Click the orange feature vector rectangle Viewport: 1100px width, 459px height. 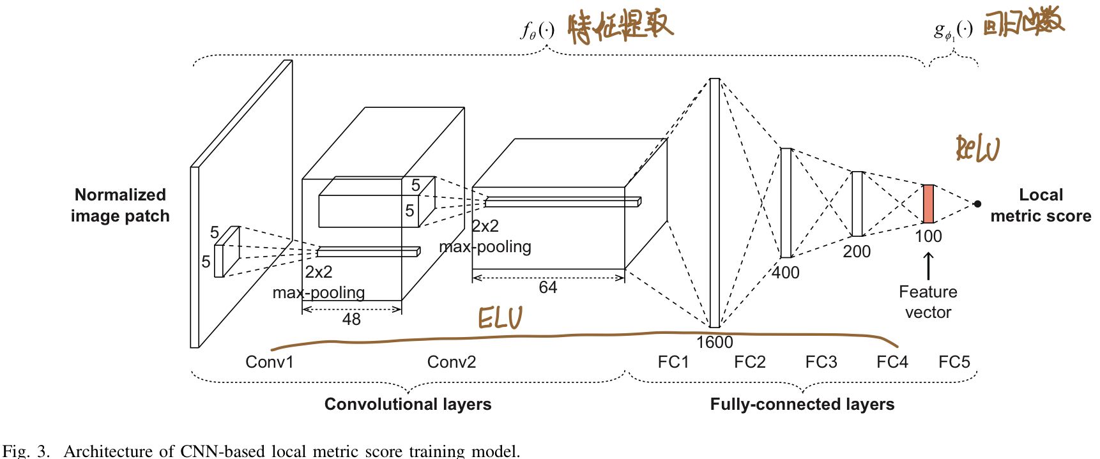coord(928,204)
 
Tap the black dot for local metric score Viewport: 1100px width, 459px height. coord(977,204)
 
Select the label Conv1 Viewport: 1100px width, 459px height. coord(270,362)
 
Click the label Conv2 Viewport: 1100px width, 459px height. coord(451,362)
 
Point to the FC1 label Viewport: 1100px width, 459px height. coord(673,362)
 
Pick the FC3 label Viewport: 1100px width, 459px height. coord(821,362)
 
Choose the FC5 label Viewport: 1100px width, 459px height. coord(954,362)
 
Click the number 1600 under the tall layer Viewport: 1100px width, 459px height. coord(714,342)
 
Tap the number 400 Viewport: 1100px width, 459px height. coord(785,273)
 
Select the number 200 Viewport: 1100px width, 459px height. coord(857,252)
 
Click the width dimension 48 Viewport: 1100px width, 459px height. coord(351,319)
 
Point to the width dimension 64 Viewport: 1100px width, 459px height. coord(547,287)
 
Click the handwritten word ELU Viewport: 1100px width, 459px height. coord(500,317)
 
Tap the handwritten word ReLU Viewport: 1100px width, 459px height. coord(977,149)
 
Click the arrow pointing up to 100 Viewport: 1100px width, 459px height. coord(928,266)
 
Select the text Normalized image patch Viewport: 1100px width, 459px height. coord(120,205)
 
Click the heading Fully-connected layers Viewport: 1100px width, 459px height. coord(802,404)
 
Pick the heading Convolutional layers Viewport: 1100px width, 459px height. coord(408,404)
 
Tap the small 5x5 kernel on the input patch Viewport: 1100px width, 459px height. coord(227,252)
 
